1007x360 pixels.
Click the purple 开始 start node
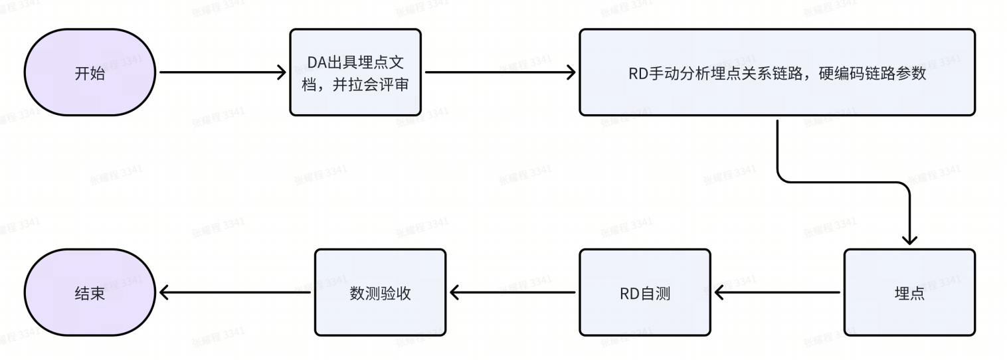[90, 72]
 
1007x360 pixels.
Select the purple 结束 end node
[90, 292]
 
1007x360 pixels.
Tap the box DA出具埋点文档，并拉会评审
[355, 72]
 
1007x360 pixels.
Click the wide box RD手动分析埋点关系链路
[777, 72]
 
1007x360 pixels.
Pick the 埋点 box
[909, 292]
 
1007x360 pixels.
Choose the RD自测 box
[644, 292]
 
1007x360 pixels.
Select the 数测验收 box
[380, 292]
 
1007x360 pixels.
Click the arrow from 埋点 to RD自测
[777, 292]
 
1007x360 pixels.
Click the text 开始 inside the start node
[90, 73]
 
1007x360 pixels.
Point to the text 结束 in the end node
[90, 293]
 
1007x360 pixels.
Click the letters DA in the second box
[315, 62]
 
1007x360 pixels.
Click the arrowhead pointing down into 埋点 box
[909, 240]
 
